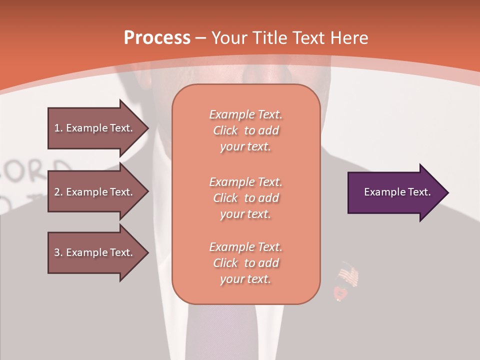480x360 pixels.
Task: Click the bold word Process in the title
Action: coord(157,38)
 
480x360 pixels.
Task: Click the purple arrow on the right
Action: coord(395,192)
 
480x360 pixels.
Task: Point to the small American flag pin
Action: coord(348,276)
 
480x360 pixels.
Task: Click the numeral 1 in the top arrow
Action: coord(57,128)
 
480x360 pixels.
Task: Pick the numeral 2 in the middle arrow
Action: coord(57,192)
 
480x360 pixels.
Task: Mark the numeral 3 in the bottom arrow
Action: coord(57,252)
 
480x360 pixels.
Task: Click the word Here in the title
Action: coord(350,38)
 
